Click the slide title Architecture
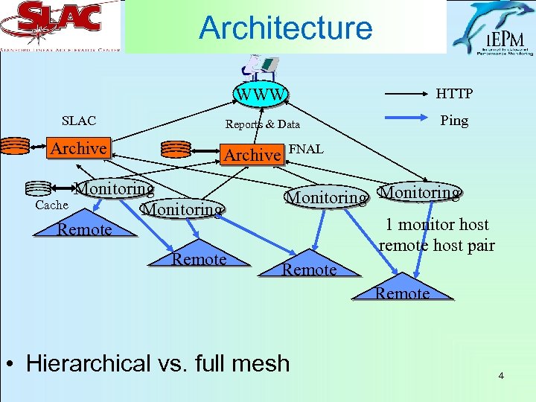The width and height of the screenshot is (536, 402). point(285,28)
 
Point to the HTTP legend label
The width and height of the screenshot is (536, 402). point(453,93)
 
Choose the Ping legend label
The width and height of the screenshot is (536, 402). point(453,120)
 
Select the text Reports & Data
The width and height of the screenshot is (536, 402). point(262,124)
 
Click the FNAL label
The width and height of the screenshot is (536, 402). point(305,149)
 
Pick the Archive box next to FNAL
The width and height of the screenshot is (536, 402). point(252,154)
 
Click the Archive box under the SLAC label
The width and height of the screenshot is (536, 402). point(78,148)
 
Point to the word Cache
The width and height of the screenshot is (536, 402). point(51,205)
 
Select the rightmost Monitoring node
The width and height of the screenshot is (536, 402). point(418,193)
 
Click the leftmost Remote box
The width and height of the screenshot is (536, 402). point(84,229)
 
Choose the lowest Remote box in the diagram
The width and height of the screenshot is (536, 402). point(402,293)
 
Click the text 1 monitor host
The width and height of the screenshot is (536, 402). point(436,225)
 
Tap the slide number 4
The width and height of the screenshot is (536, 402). point(501,375)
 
